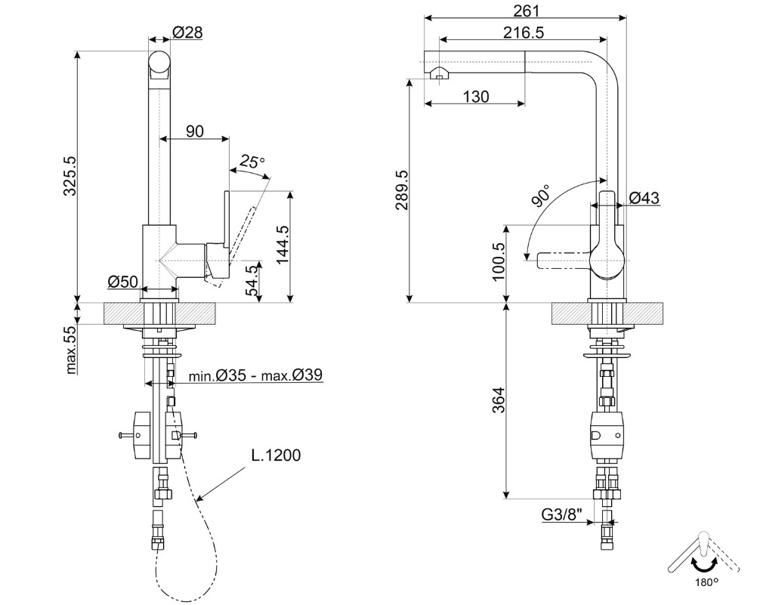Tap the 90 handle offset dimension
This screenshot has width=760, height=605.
pyautogui.click(x=194, y=131)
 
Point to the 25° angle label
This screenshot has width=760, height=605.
pyautogui.click(x=252, y=161)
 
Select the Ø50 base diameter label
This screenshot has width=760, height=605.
pyautogui.click(x=122, y=282)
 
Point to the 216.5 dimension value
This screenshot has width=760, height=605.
pyautogui.click(x=524, y=32)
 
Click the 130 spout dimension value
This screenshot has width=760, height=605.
pyautogui.click(x=475, y=96)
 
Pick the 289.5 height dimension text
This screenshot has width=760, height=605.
pyautogui.click(x=400, y=190)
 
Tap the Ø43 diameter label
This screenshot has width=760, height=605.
pyautogui.click(x=644, y=198)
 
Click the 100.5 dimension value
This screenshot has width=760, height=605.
pyautogui.click(x=498, y=261)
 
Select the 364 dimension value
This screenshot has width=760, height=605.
pyautogui.click(x=498, y=400)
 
